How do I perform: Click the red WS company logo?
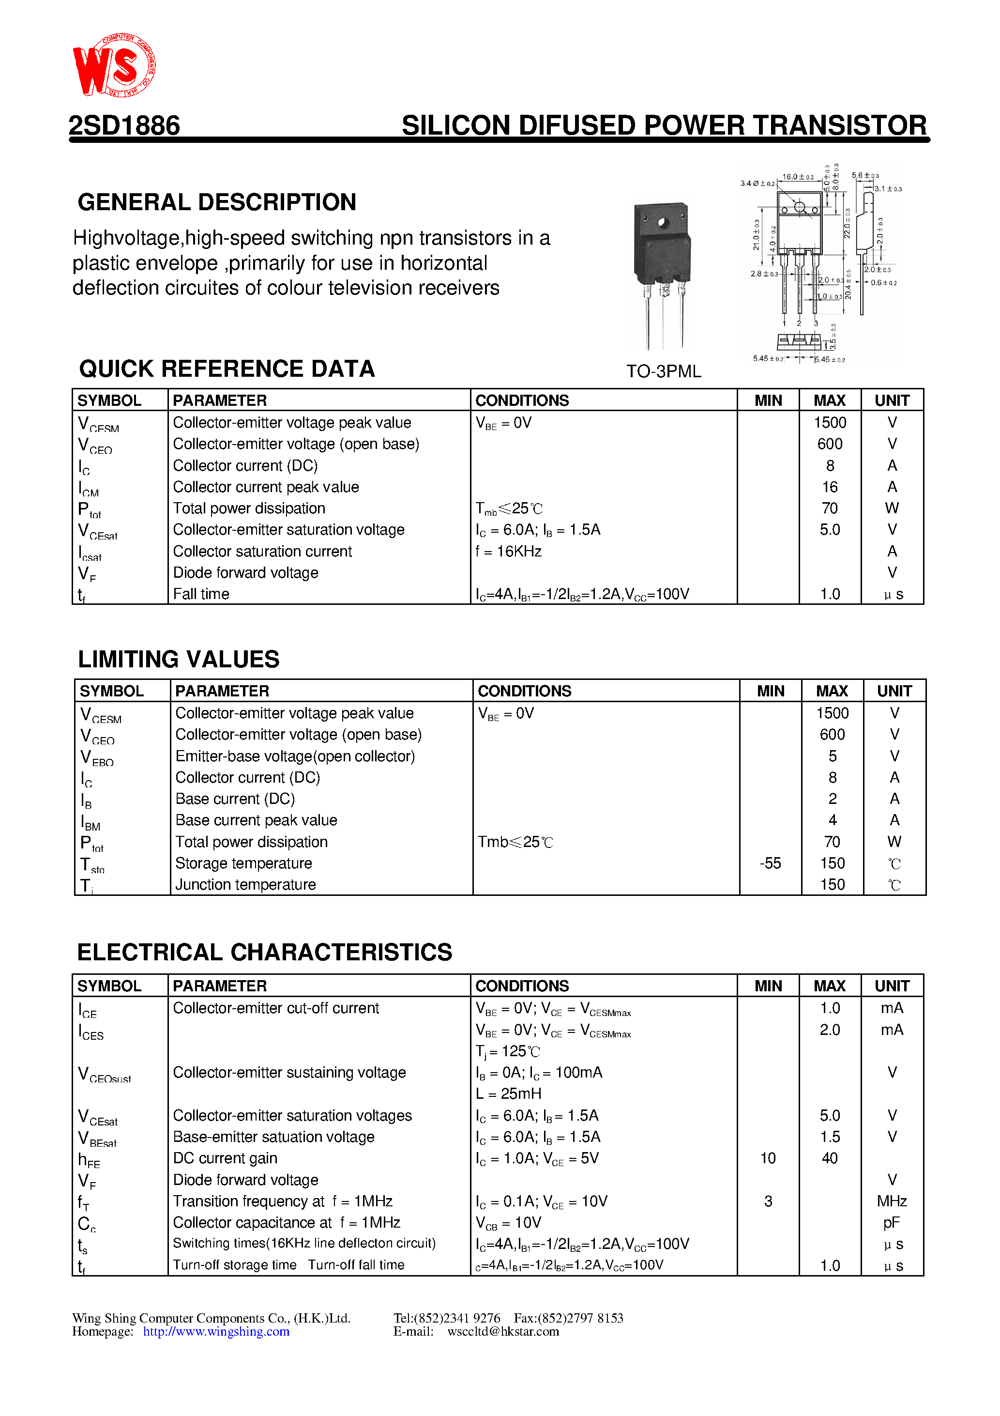click(114, 65)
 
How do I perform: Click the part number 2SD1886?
click(124, 126)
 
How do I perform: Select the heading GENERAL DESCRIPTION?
click(216, 202)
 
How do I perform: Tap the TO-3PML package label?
click(664, 371)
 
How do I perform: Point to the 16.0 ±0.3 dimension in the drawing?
click(798, 177)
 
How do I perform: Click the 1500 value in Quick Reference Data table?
click(830, 422)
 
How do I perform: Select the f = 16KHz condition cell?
click(509, 552)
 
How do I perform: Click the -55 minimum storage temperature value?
click(770, 863)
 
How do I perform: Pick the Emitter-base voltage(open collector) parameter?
click(295, 756)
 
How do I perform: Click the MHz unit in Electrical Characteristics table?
click(892, 1201)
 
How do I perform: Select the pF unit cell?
click(892, 1222)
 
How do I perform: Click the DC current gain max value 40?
click(830, 1158)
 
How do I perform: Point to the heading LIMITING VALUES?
click(178, 659)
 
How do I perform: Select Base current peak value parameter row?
click(257, 820)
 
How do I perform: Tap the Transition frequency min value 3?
click(768, 1201)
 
